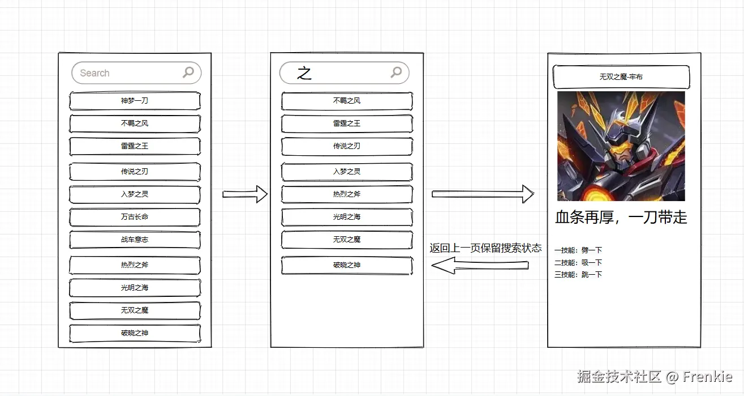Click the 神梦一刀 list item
tap(135, 101)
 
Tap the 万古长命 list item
tap(135, 217)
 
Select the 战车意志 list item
tap(135, 240)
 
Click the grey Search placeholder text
tap(94, 73)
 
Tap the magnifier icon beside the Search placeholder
tap(188, 72)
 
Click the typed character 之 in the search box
tap(304, 73)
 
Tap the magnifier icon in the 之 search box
tap(396, 72)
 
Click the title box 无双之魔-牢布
tap(621, 77)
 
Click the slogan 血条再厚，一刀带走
tap(621, 218)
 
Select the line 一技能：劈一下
tap(578, 250)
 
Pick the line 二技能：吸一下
tap(578, 262)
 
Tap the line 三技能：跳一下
tap(578, 275)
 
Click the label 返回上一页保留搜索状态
tap(485, 248)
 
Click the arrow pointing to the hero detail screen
tap(482, 194)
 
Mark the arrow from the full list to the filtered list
tap(244, 194)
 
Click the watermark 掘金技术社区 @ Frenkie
tap(655, 377)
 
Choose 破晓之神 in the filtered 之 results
tap(347, 265)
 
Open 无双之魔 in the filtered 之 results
tap(347, 240)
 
